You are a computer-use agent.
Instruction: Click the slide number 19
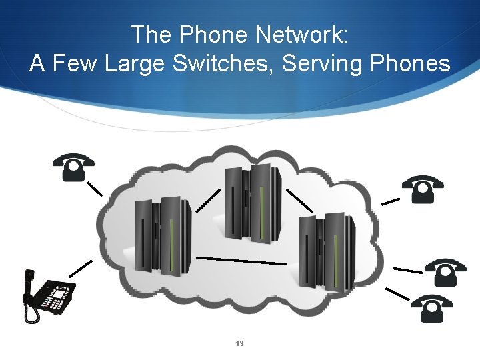click(240, 343)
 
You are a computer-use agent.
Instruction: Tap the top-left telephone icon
click(73, 167)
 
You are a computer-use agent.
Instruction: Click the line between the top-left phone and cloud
click(95, 187)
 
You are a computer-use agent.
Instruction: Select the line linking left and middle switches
click(208, 199)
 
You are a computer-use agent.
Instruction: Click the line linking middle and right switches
click(299, 198)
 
